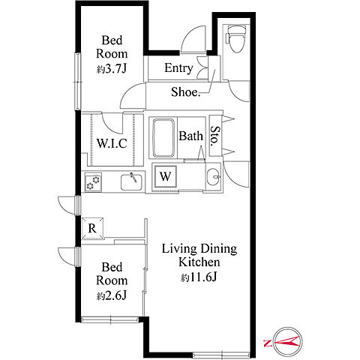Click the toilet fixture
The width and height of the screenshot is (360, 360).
pyautogui.click(x=235, y=39)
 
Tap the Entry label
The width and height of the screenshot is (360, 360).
pyautogui.click(x=178, y=68)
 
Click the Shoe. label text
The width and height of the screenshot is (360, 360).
pyautogui.click(x=186, y=92)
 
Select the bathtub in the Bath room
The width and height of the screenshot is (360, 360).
pyautogui.click(x=163, y=137)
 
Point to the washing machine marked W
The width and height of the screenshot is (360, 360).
pyautogui.click(x=165, y=176)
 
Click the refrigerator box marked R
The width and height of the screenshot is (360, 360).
pyautogui.click(x=93, y=228)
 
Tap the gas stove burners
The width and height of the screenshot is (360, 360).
pyautogui.click(x=93, y=183)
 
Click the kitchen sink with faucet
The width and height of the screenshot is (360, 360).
pyautogui.click(x=132, y=181)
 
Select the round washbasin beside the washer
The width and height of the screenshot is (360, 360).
pyautogui.click(x=213, y=177)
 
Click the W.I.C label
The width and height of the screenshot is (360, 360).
pyautogui.click(x=112, y=143)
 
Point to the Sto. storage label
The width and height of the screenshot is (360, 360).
pyautogui.click(x=215, y=136)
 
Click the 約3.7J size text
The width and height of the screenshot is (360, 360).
pyautogui.click(x=112, y=69)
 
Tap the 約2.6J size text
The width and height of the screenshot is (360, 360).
pyautogui.click(x=112, y=296)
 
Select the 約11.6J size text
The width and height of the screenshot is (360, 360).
pyautogui.click(x=199, y=277)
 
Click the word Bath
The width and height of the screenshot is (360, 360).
pyautogui.click(x=190, y=136)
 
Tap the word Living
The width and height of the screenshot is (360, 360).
pyautogui.click(x=179, y=249)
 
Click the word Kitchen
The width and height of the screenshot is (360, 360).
pyautogui.click(x=199, y=262)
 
